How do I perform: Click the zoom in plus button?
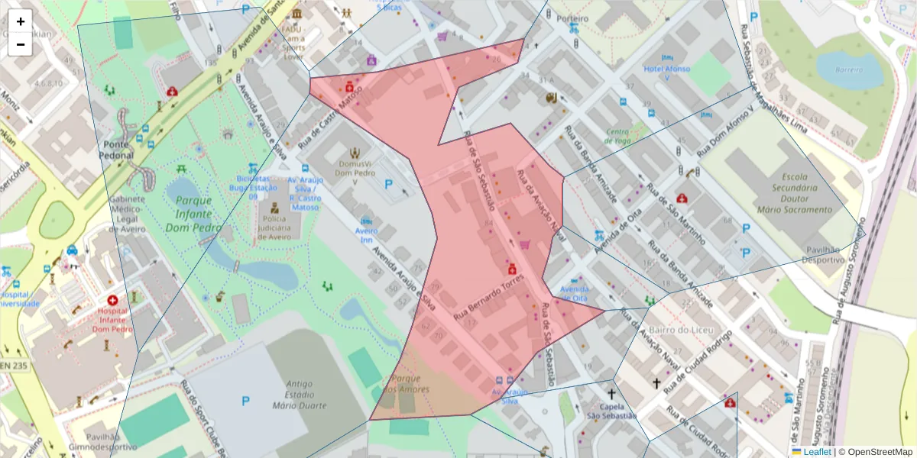tap(21, 21)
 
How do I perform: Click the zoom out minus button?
tap(21, 44)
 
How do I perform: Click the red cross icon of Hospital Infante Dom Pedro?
tap(113, 302)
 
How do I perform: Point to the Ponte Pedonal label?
tap(116, 149)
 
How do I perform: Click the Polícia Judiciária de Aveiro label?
tap(274, 227)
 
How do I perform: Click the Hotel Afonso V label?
tap(666, 73)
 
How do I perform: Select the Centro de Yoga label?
tap(617, 135)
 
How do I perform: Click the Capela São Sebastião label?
tap(611, 411)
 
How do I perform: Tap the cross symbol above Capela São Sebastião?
tap(611, 394)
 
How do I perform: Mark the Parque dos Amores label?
tap(410, 384)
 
